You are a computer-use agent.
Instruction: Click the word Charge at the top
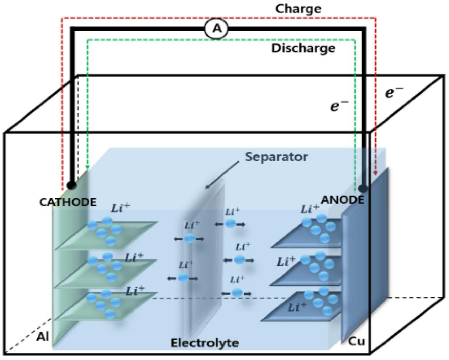click(x=298, y=8)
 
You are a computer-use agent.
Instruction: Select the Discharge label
click(x=303, y=48)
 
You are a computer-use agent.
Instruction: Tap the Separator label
click(x=276, y=156)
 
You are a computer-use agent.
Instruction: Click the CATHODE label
click(x=67, y=202)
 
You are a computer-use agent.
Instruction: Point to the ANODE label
click(x=342, y=200)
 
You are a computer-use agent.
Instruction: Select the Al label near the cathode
click(x=43, y=337)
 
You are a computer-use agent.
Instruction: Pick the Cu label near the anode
click(x=356, y=341)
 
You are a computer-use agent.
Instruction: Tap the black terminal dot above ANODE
click(x=363, y=189)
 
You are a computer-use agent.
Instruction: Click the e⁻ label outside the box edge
click(x=394, y=93)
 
